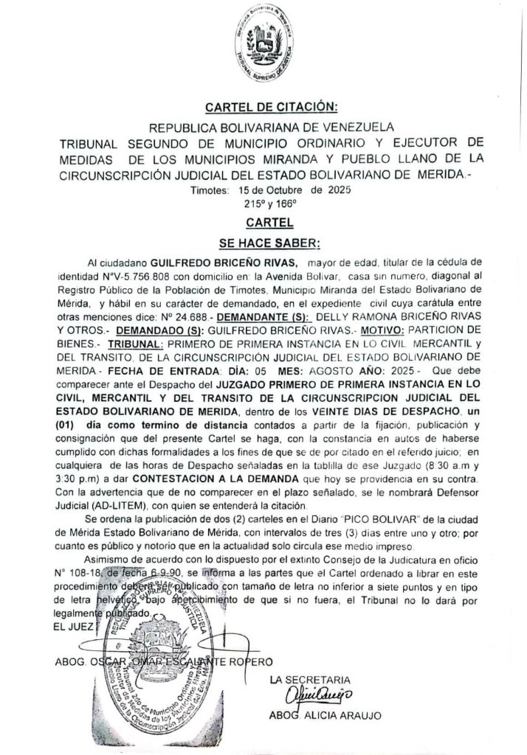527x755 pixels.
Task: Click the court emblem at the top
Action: coord(263,46)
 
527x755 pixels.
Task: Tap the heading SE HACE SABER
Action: coord(263,240)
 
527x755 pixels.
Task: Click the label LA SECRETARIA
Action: coord(310,678)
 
